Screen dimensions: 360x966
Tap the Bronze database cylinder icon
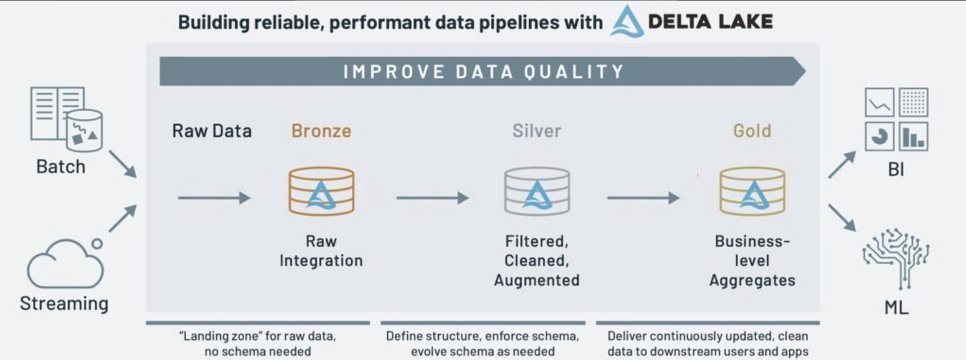point(321,191)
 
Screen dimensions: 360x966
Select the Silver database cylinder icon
point(537,191)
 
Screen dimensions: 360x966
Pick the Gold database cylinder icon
point(752,191)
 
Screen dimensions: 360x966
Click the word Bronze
point(321,130)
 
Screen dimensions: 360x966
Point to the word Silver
point(537,130)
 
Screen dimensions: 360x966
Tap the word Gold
point(752,130)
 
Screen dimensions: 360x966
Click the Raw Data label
point(212,130)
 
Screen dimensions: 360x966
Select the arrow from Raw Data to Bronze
point(213,198)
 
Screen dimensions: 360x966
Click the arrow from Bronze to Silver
point(432,198)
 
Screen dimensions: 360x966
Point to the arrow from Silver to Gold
point(643,198)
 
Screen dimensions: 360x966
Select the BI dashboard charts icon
point(896,119)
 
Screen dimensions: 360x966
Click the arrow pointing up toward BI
point(842,165)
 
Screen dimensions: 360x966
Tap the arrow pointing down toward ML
point(842,217)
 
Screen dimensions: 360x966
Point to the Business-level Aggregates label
point(752,261)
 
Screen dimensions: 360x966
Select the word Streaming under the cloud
point(64,303)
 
